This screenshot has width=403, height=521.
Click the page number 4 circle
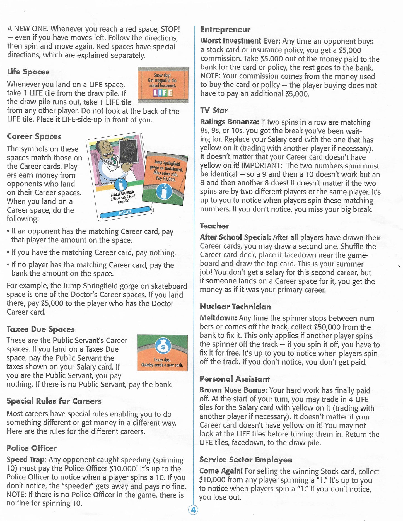tap(193, 510)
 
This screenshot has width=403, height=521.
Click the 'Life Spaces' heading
tap(28, 72)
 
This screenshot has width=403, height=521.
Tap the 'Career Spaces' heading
tap(34, 136)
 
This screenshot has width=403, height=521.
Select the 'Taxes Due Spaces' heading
tap(40, 329)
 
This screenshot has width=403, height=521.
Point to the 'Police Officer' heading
tap(32, 448)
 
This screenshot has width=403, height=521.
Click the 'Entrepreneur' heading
tap(225, 30)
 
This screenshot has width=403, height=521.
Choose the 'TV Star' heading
tap(214, 110)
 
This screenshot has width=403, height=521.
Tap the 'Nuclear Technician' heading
tap(235, 307)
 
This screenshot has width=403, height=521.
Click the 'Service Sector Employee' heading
tap(246, 460)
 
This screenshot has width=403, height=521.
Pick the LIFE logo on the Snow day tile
tap(163, 93)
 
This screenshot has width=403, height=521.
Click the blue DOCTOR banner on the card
tap(125, 212)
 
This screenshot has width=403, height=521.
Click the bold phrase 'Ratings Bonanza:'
tap(230, 122)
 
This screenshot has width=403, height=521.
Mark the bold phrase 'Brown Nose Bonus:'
tap(233, 390)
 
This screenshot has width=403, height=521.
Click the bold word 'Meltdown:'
tap(218, 318)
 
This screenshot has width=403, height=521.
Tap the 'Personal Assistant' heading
tap(235, 379)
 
